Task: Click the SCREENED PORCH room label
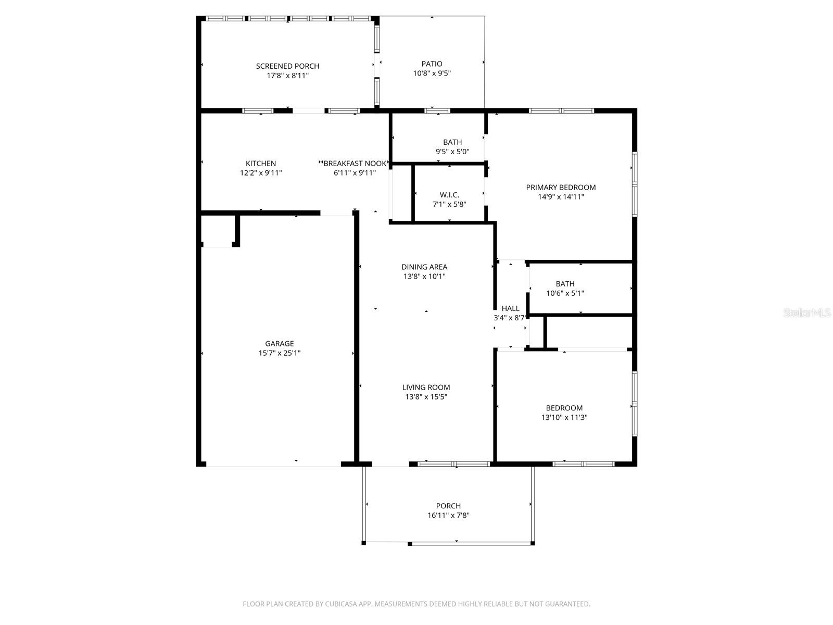click(x=287, y=66)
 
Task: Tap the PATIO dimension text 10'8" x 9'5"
click(x=432, y=73)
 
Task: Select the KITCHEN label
click(x=261, y=164)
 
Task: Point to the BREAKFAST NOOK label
click(x=356, y=164)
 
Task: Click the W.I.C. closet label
click(x=449, y=195)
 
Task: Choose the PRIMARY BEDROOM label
click(x=561, y=187)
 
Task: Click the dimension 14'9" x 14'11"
click(x=561, y=197)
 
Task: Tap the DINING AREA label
click(x=424, y=267)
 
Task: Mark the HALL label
click(x=510, y=308)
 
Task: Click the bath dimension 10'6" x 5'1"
click(x=565, y=293)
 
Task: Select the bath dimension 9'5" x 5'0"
click(x=452, y=152)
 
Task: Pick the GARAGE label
click(x=280, y=344)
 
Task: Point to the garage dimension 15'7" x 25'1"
click(x=280, y=353)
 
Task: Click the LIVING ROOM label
click(x=426, y=387)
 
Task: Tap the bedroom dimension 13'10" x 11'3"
click(x=564, y=417)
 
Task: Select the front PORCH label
click(x=448, y=506)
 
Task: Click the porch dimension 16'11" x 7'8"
click(x=448, y=515)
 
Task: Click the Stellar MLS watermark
click(x=807, y=313)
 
